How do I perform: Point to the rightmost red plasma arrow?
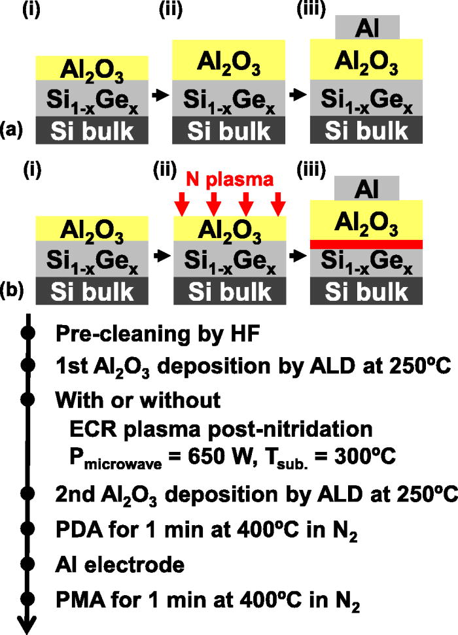(x=279, y=203)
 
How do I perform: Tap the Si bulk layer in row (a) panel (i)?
(x=92, y=131)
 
